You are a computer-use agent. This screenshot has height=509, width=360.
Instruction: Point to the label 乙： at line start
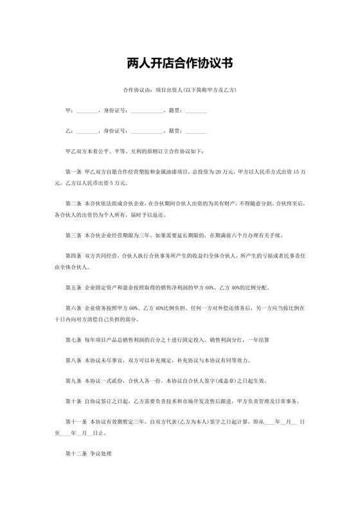(69, 131)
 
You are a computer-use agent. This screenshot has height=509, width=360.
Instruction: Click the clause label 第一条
(75, 172)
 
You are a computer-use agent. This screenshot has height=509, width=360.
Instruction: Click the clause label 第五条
(75, 286)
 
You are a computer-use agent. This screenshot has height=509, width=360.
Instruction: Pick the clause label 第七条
(75, 338)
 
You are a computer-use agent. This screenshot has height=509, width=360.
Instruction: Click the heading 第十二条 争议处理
(89, 454)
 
